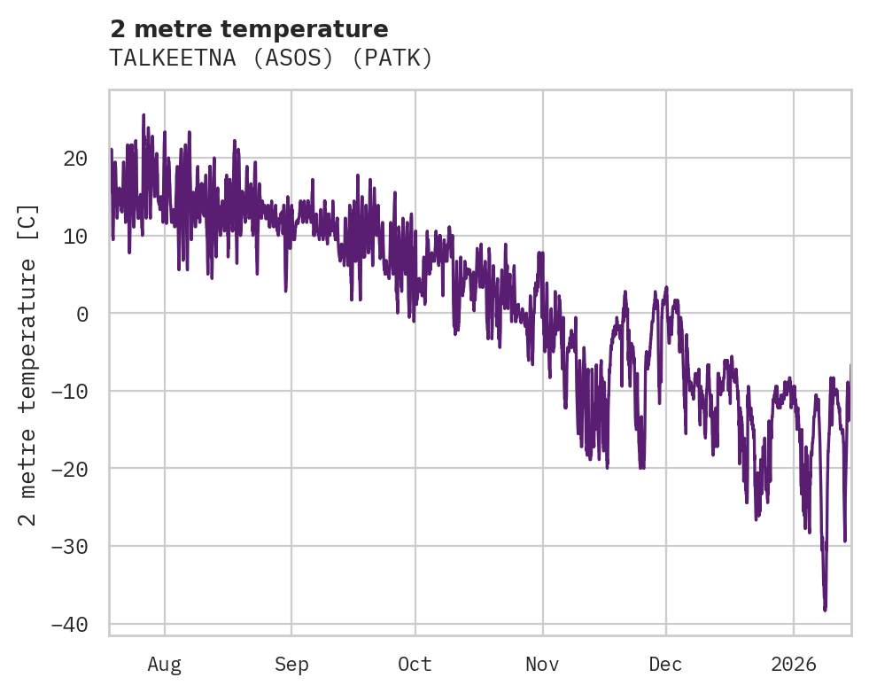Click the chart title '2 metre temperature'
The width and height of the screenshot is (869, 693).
pos(248,29)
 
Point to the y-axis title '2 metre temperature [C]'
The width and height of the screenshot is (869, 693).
pos(28,364)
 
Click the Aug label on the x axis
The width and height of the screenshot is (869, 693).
pos(164,665)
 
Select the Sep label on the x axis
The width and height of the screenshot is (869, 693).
pos(291,665)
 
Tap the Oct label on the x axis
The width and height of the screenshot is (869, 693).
pos(415,665)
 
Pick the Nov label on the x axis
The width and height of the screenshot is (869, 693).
pos(542,665)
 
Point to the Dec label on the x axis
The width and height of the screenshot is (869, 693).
pos(665,665)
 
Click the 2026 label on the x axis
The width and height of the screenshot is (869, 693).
pos(794,665)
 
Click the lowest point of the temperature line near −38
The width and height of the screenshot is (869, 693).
pos(825,610)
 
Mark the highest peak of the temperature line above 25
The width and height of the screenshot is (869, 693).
pos(144,115)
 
